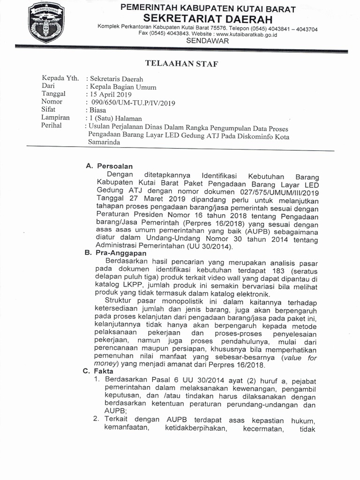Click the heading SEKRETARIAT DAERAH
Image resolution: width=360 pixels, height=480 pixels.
pyautogui.click(x=208, y=19)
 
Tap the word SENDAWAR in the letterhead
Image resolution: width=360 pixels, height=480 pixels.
pyautogui.click(x=208, y=41)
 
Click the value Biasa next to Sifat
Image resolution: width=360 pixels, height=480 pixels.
pyautogui.click(x=97, y=110)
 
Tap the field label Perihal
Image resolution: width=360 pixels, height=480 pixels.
pyautogui.click(x=52, y=126)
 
